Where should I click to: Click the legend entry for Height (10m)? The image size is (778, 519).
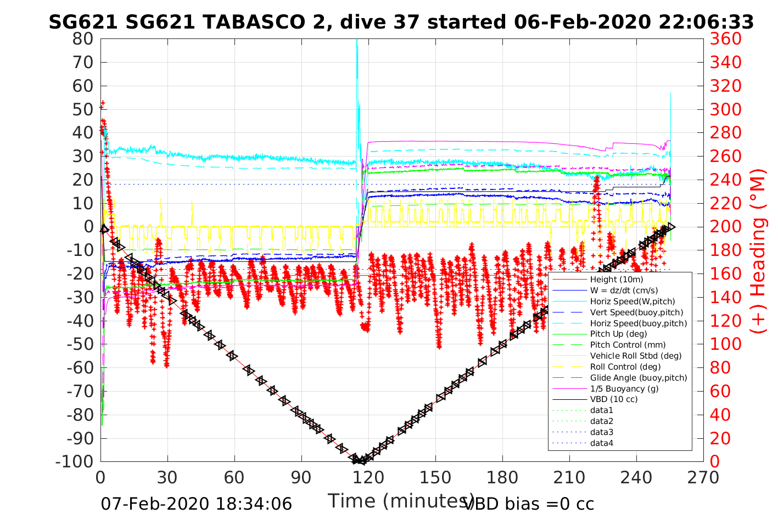(x=617, y=280)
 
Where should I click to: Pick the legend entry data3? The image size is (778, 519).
(x=602, y=432)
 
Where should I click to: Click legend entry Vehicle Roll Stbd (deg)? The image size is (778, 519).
(x=636, y=356)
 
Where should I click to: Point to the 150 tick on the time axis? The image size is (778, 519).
(x=435, y=477)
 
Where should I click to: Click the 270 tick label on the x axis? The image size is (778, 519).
(x=703, y=477)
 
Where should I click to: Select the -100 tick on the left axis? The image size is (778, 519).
(x=75, y=462)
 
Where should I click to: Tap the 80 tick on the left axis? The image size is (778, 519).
(x=83, y=39)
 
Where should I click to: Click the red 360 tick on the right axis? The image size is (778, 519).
(x=725, y=39)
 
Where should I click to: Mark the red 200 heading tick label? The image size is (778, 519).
(x=725, y=227)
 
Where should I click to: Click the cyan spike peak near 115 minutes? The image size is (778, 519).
(x=357, y=41)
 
